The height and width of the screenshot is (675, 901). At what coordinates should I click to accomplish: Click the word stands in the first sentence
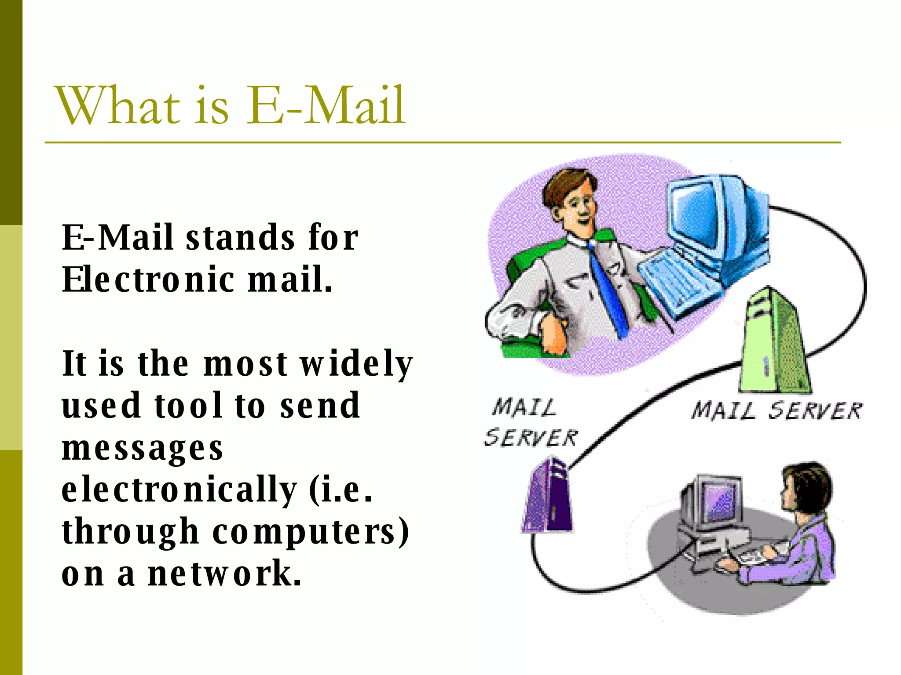pos(240,238)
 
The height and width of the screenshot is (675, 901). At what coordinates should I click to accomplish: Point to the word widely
pos(356,364)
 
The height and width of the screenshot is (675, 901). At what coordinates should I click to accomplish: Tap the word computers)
pos(311,532)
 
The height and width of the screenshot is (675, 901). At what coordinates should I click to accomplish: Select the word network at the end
pos(224,573)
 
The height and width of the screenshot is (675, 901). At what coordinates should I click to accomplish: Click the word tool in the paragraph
pos(188,405)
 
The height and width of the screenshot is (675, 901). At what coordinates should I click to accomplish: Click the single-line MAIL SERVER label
pos(776,411)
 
